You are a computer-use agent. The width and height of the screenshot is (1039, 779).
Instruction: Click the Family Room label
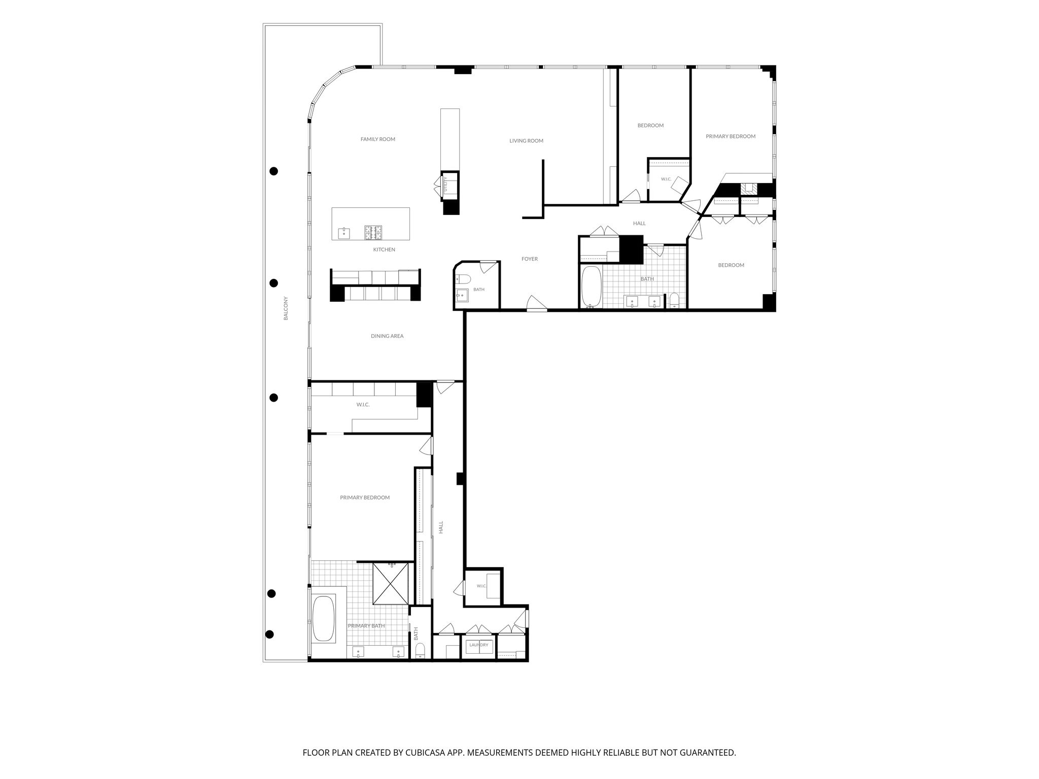tap(377, 139)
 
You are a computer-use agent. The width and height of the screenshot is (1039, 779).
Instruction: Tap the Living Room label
tap(526, 141)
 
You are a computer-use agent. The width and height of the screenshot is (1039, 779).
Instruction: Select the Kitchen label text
tap(384, 250)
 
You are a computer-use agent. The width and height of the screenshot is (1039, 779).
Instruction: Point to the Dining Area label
tap(387, 336)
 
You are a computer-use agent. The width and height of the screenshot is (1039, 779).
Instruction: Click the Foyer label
tap(530, 259)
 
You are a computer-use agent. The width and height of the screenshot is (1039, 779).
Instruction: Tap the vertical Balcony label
tap(286, 308)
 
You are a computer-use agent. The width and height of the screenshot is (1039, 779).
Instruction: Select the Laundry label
tap(478, 645)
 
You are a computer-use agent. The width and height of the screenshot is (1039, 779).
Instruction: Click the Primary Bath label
tap(366, 626)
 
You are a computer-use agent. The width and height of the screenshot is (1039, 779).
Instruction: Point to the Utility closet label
tap(446, 184)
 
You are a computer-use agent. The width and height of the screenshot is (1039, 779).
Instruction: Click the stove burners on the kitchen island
tap(373, 233)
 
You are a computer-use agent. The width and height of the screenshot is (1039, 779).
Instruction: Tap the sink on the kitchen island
tap(344, 233)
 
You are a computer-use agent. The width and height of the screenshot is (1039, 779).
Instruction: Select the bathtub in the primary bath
tap(324, 619)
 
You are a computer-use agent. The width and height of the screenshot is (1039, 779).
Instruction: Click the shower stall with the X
tap(390, 583)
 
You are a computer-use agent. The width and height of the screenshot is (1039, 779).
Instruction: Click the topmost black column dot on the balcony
tap(274, 171)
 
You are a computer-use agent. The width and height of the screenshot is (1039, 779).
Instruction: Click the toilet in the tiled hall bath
tap(674, 301)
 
